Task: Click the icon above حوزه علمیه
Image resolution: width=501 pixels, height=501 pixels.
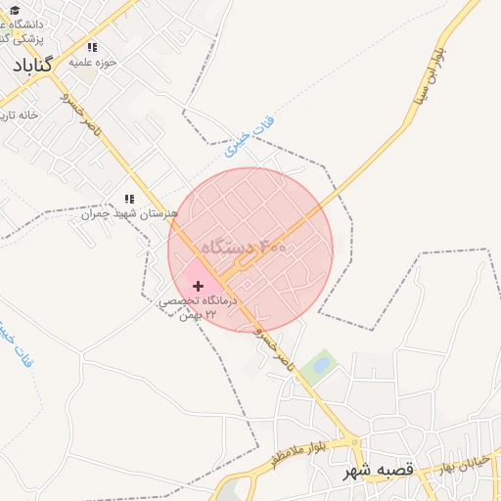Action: click(x=93, y=47)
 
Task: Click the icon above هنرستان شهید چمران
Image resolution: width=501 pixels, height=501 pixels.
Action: click(x=129, y=199)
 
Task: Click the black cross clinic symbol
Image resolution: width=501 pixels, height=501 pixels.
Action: click(x=199, y=287)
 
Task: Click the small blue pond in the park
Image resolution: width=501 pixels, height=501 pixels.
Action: click(x=320, y=366)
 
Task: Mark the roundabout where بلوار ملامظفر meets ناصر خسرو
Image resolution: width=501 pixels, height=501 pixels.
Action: click(x=348, y=440)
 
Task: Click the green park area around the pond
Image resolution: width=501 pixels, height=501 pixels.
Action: click(x=309, y=375)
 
